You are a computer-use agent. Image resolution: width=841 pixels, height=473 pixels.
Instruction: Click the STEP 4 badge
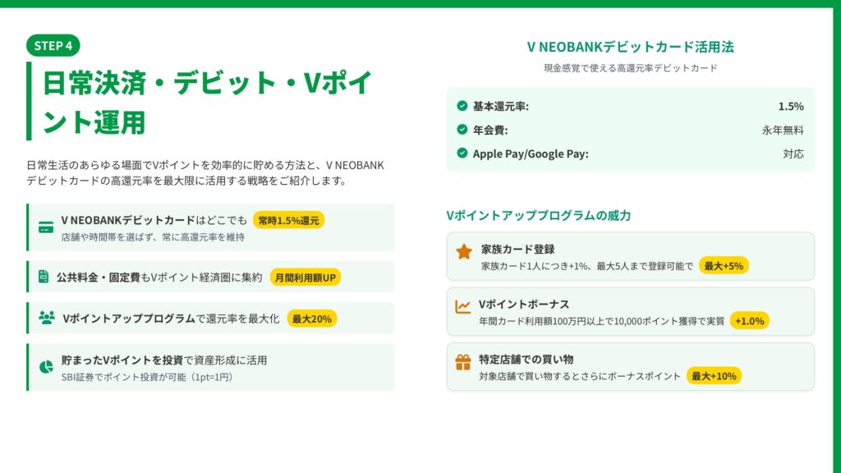pos(53,46)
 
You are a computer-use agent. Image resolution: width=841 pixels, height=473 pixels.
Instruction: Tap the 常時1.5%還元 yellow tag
pos(288,220)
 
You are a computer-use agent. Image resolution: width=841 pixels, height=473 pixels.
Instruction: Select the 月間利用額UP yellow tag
pos(306,278)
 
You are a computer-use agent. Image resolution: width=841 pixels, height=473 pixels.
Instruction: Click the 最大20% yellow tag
pos(311,319)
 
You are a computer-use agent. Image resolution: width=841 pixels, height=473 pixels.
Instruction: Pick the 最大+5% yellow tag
pos(724,265)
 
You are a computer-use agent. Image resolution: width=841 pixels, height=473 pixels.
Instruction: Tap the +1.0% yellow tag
pos(749,321)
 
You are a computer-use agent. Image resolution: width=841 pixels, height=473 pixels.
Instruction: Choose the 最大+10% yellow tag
pos(714,376)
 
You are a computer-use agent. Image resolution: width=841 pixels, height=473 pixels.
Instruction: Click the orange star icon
pos(464,251)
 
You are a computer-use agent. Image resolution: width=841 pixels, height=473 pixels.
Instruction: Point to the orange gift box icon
pos(463,362)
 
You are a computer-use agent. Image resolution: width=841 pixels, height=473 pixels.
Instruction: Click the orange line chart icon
pos(463,307)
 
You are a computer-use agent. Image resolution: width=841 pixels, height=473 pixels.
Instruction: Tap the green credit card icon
pos(46,227)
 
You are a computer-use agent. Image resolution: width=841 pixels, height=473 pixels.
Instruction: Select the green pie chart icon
pos(46,367)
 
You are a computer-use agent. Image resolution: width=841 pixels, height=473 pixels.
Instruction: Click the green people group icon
pos(47,318)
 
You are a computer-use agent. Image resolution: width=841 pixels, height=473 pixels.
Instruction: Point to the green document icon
pos(44,276)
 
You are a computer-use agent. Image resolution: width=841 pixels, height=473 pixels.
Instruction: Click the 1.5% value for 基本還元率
pos(791,106)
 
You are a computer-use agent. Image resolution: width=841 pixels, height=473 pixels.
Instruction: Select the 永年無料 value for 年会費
pos(783,130)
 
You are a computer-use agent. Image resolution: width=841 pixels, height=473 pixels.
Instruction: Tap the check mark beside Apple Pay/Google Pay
pos(462,153)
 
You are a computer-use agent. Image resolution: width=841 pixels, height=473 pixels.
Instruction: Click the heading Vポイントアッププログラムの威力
pos(539,216)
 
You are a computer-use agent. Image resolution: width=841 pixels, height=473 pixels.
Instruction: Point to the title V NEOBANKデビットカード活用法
pos(630,47)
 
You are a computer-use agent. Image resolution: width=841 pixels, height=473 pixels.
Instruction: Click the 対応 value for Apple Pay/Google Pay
pos(793,154)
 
